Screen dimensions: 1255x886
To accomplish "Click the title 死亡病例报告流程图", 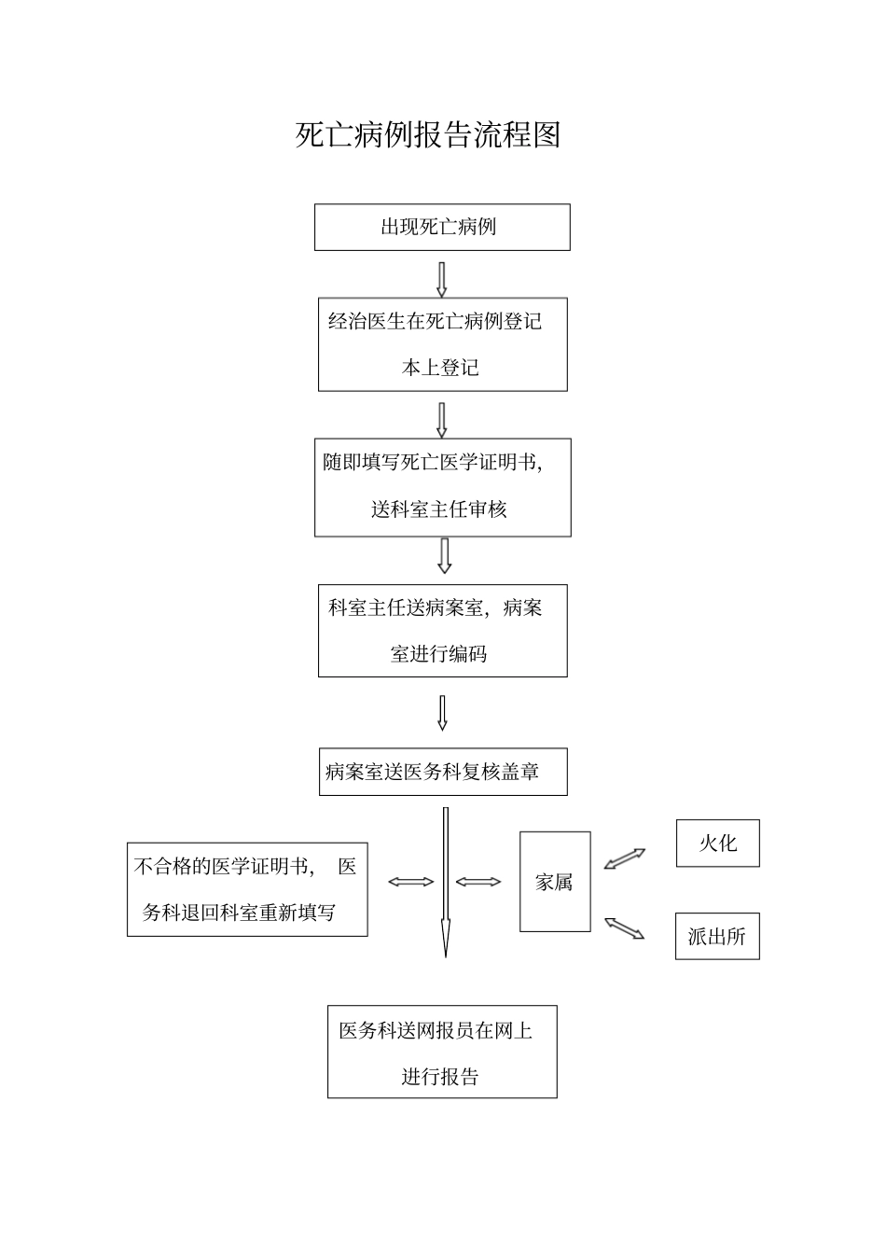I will [428, 135].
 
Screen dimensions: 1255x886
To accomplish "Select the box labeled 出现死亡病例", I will [442, 228].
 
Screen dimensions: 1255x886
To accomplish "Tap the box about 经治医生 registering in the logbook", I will [442, 344].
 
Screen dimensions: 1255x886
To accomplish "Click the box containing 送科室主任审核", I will [442, 488].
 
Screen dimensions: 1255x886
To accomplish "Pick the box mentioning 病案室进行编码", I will [442, 631].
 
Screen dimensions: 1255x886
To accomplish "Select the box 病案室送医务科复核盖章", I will [442, 772].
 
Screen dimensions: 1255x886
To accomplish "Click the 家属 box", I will [555, 882].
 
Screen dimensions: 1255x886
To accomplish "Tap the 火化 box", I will [717, 844].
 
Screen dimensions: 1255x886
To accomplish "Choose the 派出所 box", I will [717, 936].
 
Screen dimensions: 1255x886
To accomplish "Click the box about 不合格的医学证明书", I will [247, 889].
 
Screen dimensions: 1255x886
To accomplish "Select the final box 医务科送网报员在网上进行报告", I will [442, 1052].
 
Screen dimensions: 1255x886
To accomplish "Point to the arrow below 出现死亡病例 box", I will [442, 279].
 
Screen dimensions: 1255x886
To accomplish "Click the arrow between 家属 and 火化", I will [625, 858].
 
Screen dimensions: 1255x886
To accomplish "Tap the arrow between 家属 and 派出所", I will [625, 927].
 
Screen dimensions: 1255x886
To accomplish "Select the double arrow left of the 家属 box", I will [478, 882].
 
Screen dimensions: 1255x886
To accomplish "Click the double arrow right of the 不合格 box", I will [410, 882].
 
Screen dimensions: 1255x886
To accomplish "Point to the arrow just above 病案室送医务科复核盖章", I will [442, 713].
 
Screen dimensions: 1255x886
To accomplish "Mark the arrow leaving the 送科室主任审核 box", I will [444, 555].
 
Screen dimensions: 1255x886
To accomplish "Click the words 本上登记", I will [440, 368].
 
